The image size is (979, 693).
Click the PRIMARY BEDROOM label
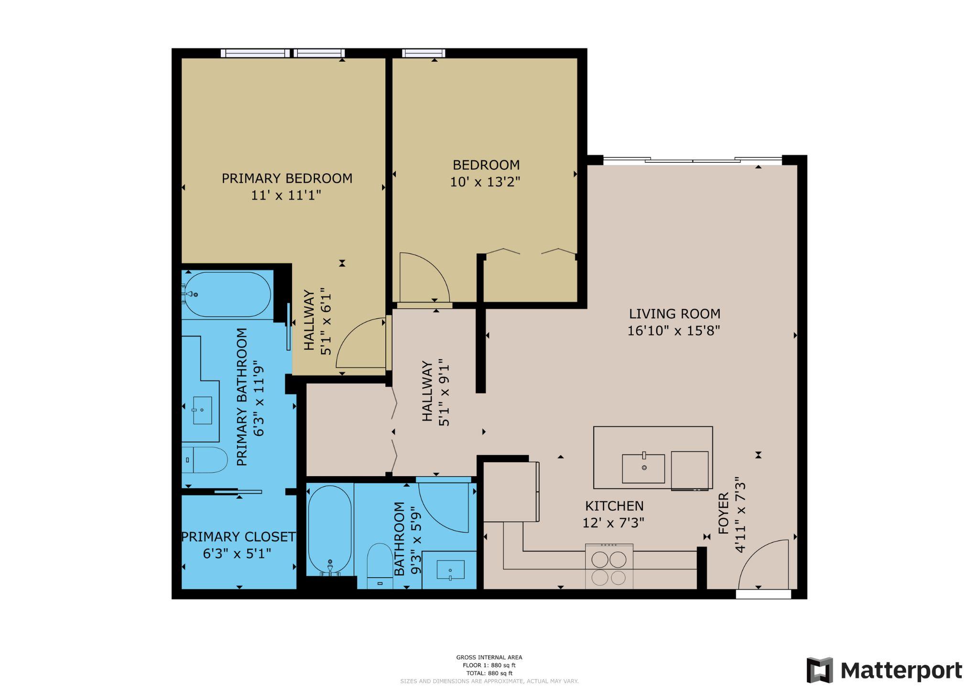coord(287,179)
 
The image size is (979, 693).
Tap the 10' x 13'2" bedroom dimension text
coord(485,182)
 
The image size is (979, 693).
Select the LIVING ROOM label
coord(674,314)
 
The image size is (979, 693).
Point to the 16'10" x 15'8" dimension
coord(674,331)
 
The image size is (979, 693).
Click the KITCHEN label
coord(614,506)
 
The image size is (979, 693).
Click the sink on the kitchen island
coord(643,469)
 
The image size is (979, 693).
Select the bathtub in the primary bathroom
coord(228,294)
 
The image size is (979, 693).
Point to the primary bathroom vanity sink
coord(202,410)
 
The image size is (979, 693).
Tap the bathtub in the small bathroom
coord(330,529)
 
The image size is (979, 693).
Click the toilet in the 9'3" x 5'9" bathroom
coord(380,565)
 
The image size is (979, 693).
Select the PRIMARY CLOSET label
coord(238,537)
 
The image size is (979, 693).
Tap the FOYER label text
coord(723,514)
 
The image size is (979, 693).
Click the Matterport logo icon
coord(819,670)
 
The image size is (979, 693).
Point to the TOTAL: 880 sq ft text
coord(489,673)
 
